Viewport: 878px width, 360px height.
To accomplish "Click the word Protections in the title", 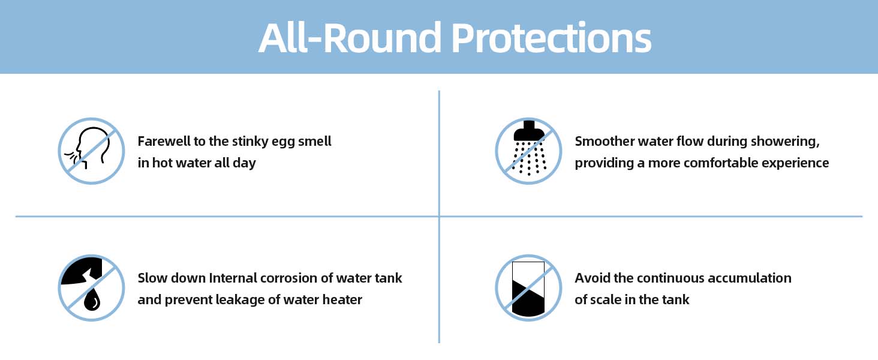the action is [552, 38].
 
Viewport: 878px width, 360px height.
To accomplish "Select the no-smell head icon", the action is [91, 151].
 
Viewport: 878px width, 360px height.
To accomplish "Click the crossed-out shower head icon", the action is [528, 151].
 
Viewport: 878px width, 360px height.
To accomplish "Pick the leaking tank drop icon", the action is [91, 288].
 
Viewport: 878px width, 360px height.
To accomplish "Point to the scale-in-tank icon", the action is [528, 288].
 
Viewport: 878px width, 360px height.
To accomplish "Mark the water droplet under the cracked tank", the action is [92, 300].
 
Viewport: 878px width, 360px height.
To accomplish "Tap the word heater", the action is [342, 299].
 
